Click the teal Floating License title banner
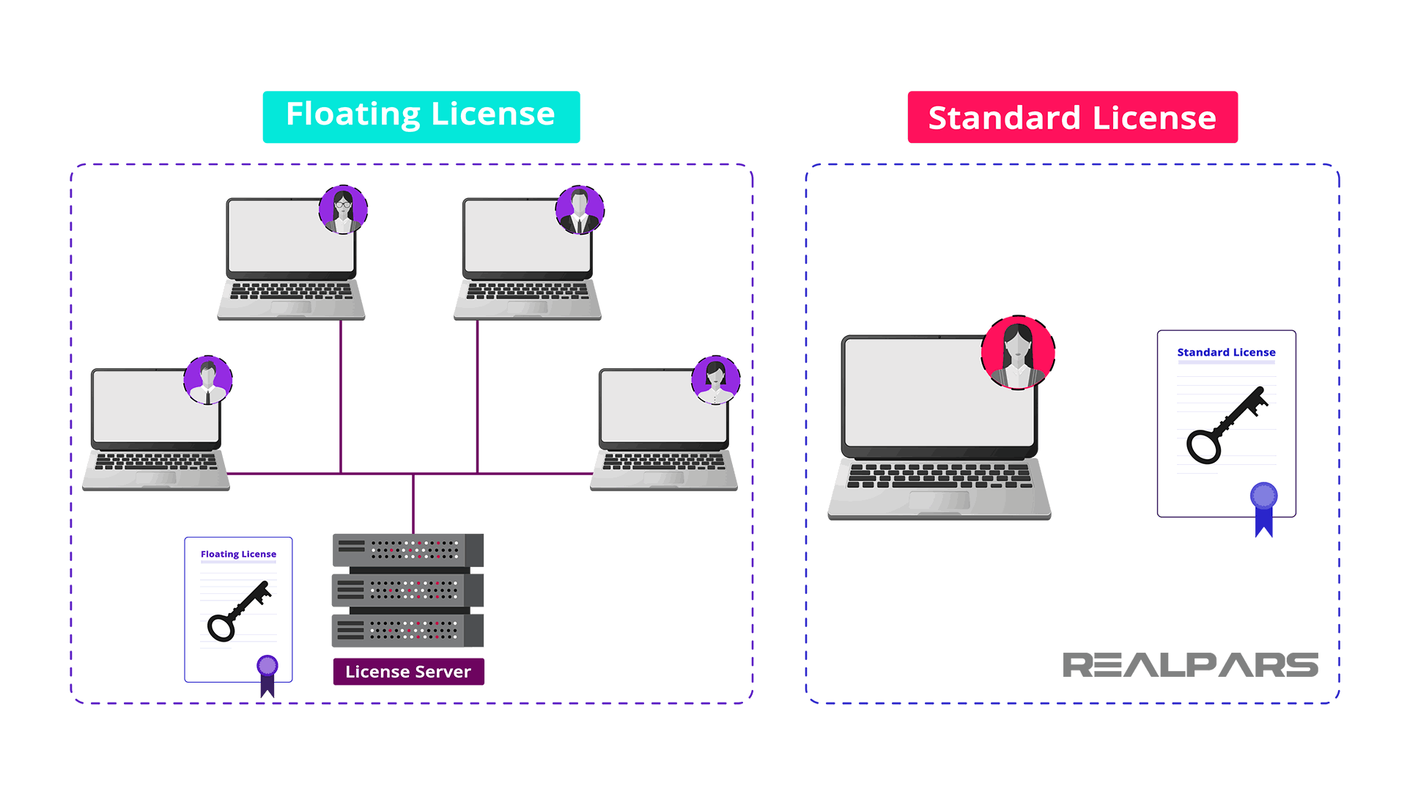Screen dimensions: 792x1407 421,117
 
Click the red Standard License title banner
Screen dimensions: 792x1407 1072,117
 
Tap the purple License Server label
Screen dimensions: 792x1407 408,672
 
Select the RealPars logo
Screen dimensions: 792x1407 1190,665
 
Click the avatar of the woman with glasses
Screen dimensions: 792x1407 343,210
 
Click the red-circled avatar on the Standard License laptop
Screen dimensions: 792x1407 1018,353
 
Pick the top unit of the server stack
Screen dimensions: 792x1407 407,550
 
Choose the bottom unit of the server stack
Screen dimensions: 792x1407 407,631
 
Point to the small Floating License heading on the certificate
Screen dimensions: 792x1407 238,554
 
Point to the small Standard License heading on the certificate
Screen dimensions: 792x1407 1226,353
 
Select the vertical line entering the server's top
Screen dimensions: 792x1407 413,505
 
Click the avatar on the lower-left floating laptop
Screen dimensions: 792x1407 208,380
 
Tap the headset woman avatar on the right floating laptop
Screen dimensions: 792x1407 716,380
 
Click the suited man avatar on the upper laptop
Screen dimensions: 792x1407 580,210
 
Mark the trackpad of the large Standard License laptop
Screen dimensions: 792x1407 939,500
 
